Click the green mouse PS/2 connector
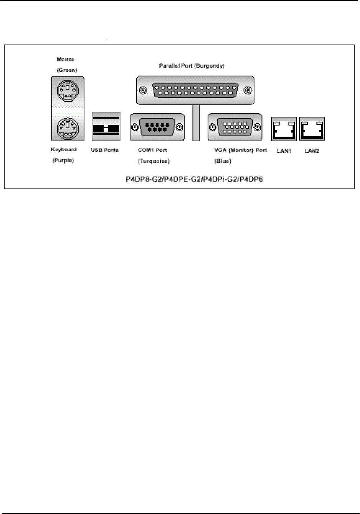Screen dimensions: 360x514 tap(68, 91)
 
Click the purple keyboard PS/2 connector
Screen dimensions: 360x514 tap(68, 128)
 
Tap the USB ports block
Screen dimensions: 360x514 tap(106, 126)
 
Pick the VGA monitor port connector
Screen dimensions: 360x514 tap(234, 127)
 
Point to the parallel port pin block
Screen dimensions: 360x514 tap(195, 90)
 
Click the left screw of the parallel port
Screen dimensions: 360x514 tap(143, 91)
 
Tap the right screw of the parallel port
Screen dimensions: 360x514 tap(248, 91)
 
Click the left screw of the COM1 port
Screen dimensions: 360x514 tap(135, 127)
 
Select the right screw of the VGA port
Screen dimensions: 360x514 tap(258, 127)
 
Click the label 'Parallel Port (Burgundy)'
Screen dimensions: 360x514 tap(192, 66)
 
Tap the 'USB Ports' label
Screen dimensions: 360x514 tap(104, 150)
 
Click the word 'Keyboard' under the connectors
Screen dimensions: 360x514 tap(64, 149)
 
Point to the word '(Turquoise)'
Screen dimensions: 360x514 tap(154, 161)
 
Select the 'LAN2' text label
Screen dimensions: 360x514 tap(312, 151)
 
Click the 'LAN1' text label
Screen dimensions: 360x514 tap(284, 151)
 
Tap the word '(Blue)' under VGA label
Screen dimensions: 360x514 tap(223, 161)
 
